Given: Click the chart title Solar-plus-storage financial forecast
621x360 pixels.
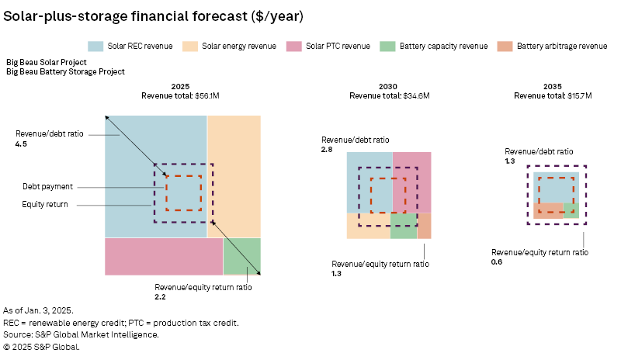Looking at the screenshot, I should pyautogui.click(x=154, y=16).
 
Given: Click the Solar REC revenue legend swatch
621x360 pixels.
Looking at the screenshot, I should pyautogui.click(x=97, y=46).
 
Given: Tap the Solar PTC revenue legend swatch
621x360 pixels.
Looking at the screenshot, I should pyautogui.click(x=294, y=46).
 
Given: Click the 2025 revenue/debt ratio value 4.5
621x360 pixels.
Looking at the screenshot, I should pyautogui.click(x=19, y=144).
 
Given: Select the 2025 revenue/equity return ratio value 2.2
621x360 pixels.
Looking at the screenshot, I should pyautogui.click(x=161, y=296).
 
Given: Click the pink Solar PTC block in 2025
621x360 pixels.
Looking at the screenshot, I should pyautogui.click(x=163, y=256).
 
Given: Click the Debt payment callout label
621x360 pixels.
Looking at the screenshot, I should pyautogui.click(x=48, y=187).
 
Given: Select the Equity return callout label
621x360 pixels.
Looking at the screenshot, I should pyautogui.click(x=45, y=205).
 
